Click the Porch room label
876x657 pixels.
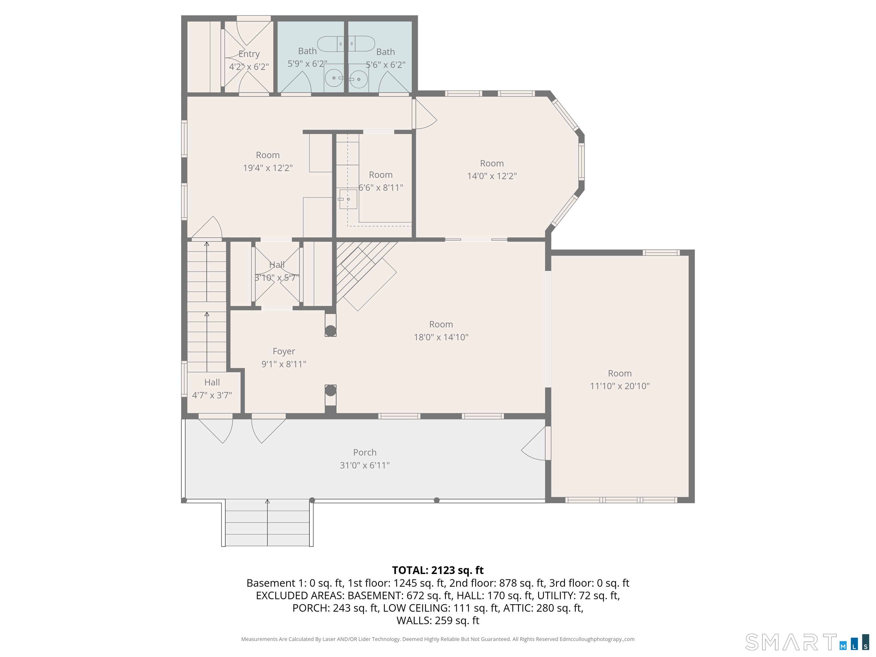(365, 452)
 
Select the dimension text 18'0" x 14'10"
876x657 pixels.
(441, 337)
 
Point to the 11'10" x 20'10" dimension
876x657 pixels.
(620, 386)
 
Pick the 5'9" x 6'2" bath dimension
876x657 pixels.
(307, 64)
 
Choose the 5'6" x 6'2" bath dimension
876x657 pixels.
(385, 64)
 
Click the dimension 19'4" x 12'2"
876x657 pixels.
(268, 168)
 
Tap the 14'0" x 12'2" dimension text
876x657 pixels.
(492, 176)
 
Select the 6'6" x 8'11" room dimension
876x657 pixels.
(381, 188)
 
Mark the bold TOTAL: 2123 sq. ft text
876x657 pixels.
(438, 570)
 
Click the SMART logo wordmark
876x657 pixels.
(791, 642)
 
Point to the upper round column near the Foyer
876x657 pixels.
(330, 331)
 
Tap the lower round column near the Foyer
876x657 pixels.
(330, 390)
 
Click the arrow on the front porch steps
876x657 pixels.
(267, 523)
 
